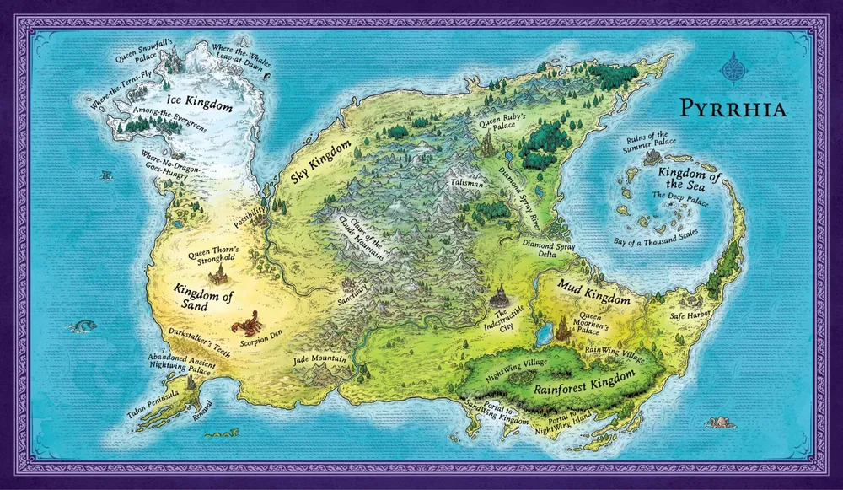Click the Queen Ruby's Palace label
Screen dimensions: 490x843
pos(502,123)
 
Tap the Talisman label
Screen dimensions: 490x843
pos(467,182)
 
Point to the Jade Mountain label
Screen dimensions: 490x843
pos(320,360)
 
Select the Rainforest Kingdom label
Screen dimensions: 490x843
pos(581,392)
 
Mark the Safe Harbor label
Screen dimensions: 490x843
pos(691,315)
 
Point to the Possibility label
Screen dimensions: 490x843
pos(250,213)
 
